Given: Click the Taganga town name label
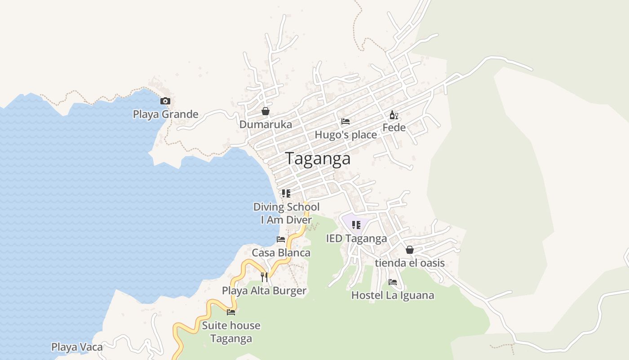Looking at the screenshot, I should coord(318,159).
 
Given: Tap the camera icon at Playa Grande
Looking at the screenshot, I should coord(165,101).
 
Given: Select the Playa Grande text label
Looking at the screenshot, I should coord(165,114).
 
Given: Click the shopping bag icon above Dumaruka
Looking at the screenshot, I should coord(266,111).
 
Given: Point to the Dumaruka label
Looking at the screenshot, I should coord(266,125).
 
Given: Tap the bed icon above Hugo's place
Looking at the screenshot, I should coord(346,121).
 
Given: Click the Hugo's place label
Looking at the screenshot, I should coord(346,135).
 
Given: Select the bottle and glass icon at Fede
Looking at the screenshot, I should coord(394,115).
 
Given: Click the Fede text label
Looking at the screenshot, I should coord(394,128).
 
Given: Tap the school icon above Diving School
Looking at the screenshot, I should coord(286,194).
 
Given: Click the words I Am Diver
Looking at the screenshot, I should coord(286,220).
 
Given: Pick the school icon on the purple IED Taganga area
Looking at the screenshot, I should coord(356,225).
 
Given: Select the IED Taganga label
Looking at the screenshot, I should coord(356,238).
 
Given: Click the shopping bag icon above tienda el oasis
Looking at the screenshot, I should coord(410,250).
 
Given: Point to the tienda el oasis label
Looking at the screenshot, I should coord(410,263).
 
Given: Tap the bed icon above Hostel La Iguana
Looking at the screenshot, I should coord(393,282).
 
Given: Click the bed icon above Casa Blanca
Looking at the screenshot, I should coord(281,239).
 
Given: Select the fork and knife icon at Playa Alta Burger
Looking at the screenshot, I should coord(264,277).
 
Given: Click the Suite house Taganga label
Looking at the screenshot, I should coord(231,332).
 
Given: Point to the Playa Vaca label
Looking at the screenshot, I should coord(77,347).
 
